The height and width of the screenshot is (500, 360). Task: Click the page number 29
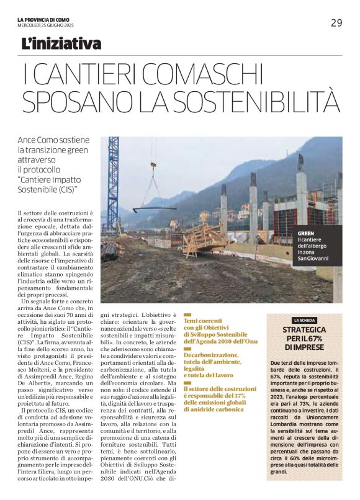[336, 23]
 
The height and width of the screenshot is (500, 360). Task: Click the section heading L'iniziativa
[61, 44]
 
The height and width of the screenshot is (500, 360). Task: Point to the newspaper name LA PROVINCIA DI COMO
[43, 20]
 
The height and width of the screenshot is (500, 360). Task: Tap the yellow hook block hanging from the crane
[153, 166]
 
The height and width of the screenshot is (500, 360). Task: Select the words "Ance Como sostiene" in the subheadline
[53, 141]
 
